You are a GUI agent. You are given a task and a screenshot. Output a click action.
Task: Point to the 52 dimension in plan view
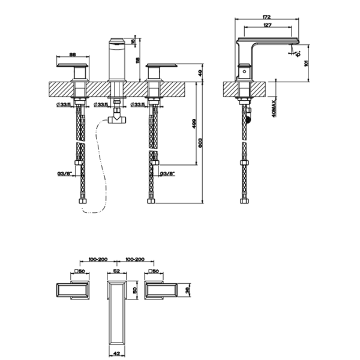pos(116,272)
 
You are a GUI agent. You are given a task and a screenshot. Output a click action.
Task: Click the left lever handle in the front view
pos(73,65)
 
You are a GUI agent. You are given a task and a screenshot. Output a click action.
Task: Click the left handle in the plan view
pos(72,290)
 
